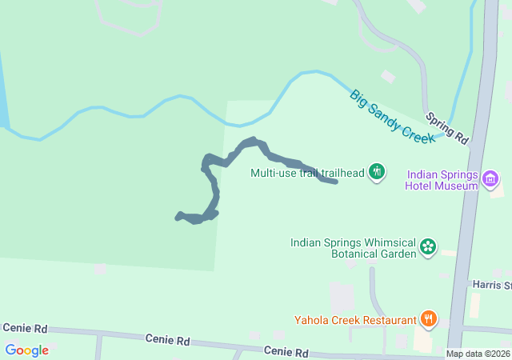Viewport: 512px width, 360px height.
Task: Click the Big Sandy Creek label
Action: point(393,117)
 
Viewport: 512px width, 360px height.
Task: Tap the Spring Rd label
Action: point(446,127)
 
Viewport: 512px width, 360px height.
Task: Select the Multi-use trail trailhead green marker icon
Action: point(378,172)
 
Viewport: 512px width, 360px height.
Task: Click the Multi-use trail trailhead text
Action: point(307,172)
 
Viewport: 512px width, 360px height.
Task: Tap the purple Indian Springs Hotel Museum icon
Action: point(492,180)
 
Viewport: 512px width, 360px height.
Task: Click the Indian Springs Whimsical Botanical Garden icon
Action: point(428,247)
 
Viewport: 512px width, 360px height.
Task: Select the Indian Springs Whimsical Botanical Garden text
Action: point(353,247)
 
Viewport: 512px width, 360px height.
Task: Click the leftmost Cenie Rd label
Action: point(25,328)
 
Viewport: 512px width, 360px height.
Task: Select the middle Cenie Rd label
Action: point(167,340)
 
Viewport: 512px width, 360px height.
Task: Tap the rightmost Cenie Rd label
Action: point(286,352)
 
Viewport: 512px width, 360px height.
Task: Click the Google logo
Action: point(26,350)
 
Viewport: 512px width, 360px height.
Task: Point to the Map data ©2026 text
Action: point(477,354)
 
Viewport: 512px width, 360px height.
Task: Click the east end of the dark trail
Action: point(335,182)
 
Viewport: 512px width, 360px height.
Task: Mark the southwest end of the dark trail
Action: point(178,215)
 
